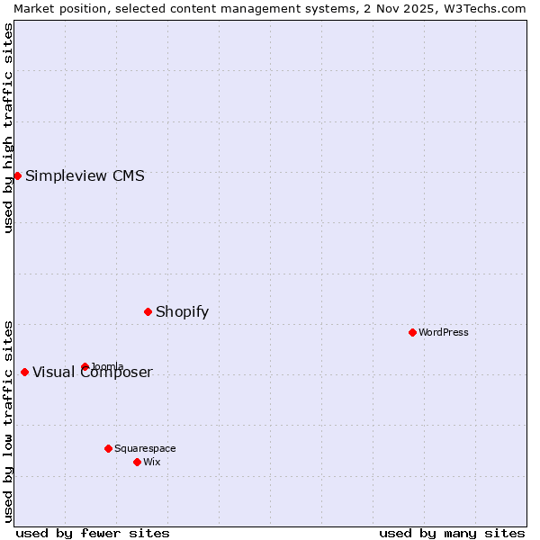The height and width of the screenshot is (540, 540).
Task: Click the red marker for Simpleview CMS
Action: click(x=17, y=175)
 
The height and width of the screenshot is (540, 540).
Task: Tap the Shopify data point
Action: click(x=148, y=311)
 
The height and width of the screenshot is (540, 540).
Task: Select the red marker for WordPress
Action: click(x=412, y=332)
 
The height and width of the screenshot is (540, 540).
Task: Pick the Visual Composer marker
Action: click(x=24, y=372)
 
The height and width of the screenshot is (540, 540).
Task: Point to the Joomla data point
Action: click(x=85, y=366)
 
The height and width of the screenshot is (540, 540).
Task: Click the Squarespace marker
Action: click(x=108, y=448)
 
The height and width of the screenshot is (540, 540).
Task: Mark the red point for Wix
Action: click(x=137, y=462)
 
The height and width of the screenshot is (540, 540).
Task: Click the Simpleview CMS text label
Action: click(x=85, y=175)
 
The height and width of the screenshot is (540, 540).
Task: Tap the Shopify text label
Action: click(x=182, y=311)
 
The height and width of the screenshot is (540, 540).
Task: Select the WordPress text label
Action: click(x=444, y=332)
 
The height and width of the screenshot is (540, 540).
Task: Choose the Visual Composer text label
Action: click(x=93, y=373)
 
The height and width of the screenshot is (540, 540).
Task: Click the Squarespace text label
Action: click(x=145, y=448)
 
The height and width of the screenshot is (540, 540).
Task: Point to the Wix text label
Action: click(x=151, y=462)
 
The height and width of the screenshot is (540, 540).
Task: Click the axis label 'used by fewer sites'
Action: click(x=93, y=533)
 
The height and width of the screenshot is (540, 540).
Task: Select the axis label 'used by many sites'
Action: click(x=452, y=533)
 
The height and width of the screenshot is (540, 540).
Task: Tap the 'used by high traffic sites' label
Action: click(x=8, y=128)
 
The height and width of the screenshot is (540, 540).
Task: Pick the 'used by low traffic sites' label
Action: click(x=8, y=420)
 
